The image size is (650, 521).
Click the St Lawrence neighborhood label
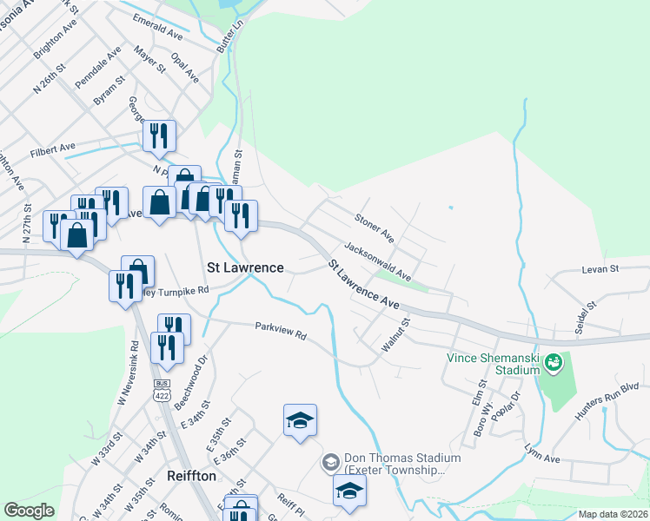pos(245,267)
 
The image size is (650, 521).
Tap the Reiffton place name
pos(191,477)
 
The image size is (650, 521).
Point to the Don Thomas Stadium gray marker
pos(330,462)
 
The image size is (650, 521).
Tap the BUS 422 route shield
pos(161,389)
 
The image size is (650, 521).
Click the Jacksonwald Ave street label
pos(377,261)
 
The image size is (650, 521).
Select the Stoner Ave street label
pos(375,226)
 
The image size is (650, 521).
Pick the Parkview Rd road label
pos(282,331)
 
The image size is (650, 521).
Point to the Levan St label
pos(600,269)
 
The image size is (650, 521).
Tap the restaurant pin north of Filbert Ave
pos(158,135)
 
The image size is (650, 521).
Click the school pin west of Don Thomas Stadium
pos(300,420)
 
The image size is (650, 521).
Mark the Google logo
pos(29,511)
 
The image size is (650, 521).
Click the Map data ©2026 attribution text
pos(613,514)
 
